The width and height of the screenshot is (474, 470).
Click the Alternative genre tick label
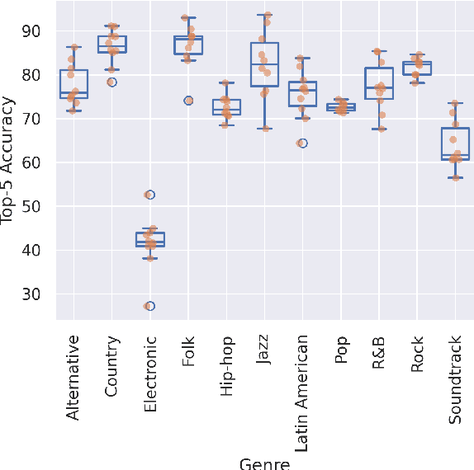coord(73,377)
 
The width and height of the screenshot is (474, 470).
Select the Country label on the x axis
coord(111,365)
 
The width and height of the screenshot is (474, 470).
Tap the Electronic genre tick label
coord(149,374)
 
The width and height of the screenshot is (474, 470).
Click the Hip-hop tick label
coord(226,366)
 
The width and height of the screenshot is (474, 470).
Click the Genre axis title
coord(264,463)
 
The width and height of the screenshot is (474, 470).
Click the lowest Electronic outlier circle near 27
coord(149,306)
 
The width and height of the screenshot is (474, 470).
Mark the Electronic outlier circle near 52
coord(149,195)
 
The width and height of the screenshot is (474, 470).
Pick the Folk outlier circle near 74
coord(188,101)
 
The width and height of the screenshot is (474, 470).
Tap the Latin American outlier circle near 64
coord(302,143)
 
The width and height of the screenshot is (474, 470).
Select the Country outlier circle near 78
coord(111,82)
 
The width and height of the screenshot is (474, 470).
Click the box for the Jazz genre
coord(264,64)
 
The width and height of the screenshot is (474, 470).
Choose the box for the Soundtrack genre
coord(455,143)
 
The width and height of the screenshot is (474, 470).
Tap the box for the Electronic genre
coord(149,239)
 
